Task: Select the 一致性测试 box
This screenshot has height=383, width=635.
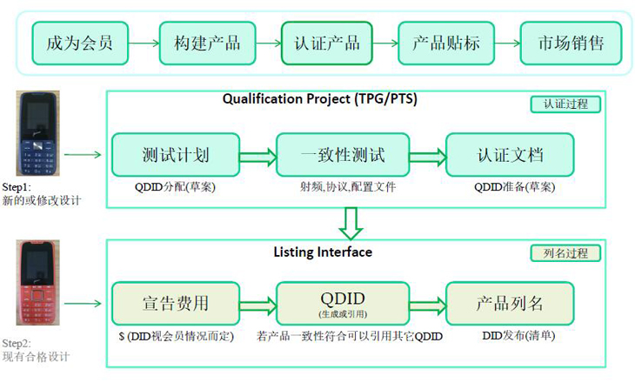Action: pyautogui.click(x=342, y=156)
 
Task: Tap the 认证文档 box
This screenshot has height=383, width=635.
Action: pyautogui.click(x=510, y=156)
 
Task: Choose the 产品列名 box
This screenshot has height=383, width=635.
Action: pyautogui.click(x=510, y=304)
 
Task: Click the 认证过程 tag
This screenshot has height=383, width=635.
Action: pyautogui.click(x=565, y=104)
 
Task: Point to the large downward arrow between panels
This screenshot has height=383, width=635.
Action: pyautogui.click(x=351, y=223)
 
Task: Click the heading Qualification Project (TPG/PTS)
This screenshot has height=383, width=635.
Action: pyautogui.click(x=320, y=99)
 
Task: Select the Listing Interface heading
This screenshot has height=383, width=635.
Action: pyautogui.click(x=323, y=252)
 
